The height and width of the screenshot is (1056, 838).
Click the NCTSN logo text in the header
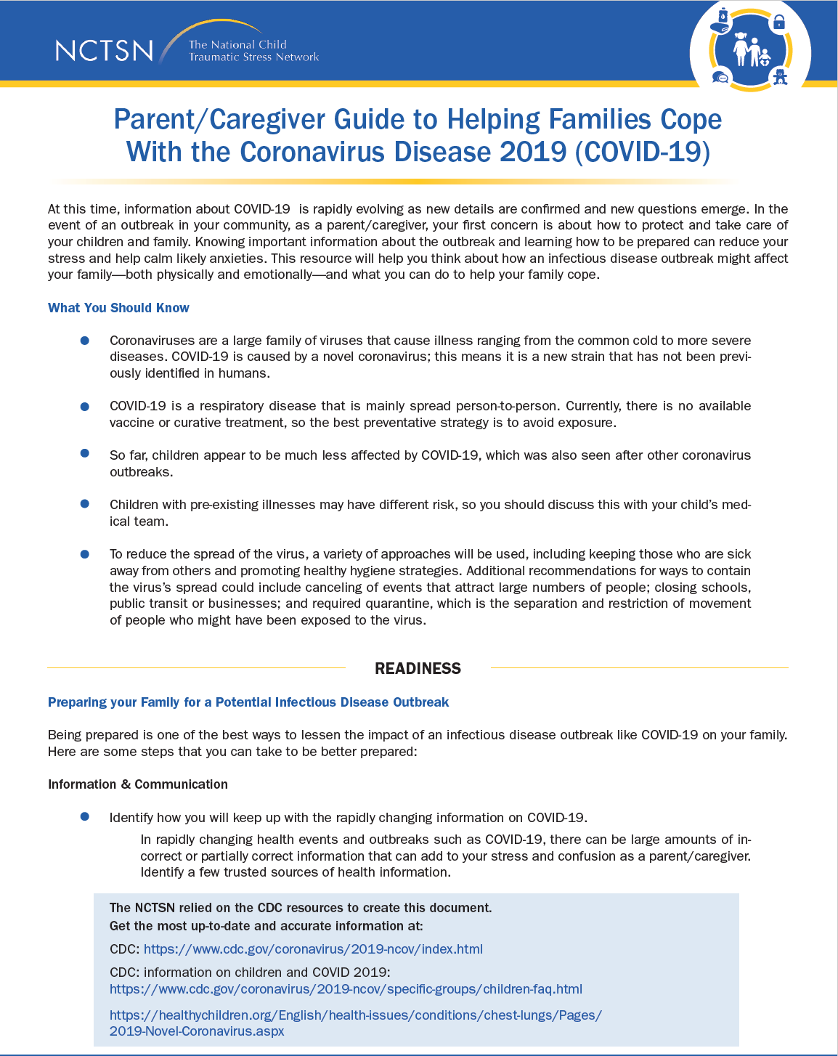(x=104, y=50)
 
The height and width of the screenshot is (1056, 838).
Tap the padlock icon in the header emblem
(x=779, y=23)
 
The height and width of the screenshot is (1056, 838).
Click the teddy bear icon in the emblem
(x=780, y=77)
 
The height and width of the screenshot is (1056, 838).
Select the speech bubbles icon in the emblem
(x=720, y=77)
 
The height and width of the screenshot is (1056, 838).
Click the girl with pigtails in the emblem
(x=740, y=48)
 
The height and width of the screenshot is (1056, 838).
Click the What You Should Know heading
(x=118, y=308)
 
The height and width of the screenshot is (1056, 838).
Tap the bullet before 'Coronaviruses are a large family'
(x=85, y=341)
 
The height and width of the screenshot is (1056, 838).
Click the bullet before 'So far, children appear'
(x=85, y=454)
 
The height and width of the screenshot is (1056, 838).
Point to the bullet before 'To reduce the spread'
(x=85, y=554)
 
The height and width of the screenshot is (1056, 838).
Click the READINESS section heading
(x=418, y=668)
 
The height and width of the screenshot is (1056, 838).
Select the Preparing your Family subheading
(x=248, y=702)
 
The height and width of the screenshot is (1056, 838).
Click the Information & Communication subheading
(x=138, y=784)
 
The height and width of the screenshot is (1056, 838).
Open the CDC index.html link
(x=313, y=949)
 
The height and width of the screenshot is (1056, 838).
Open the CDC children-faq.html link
(x=346, y=989)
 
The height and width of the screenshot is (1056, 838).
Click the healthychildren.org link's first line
(x=355, y=1015)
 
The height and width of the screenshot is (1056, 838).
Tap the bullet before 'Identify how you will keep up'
(x=85, y=817)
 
